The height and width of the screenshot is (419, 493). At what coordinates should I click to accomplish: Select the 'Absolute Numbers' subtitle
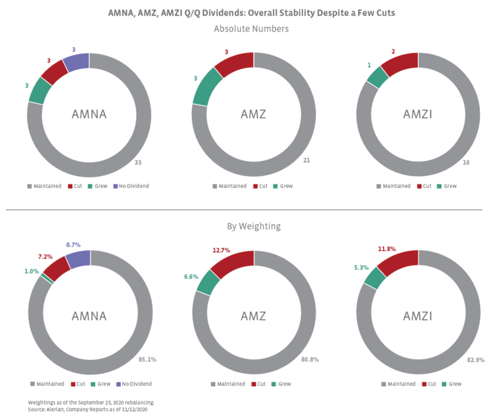pos(251,29)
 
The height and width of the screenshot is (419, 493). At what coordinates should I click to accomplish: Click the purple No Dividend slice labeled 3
pos(76,62)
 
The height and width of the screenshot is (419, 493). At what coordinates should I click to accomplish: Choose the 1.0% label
pos(32,271)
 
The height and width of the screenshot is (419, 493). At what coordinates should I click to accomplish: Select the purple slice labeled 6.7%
pos(78,259)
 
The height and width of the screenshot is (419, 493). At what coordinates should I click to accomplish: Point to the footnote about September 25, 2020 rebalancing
pos(91,401)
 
